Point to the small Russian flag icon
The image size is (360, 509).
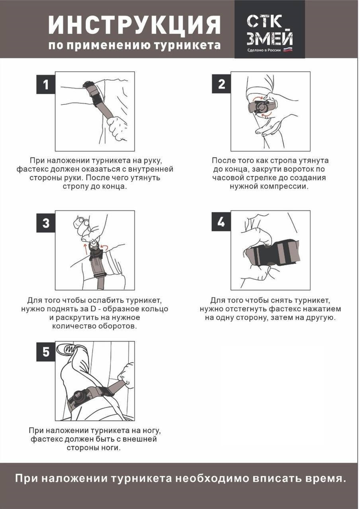click(x=288, y=50)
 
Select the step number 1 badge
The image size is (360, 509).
click(x=46, y=85)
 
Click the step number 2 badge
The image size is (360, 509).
click(x=221, y=84)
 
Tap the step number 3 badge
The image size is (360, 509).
click(x=46, y=223)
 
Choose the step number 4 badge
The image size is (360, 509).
click(x=221, y=222)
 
